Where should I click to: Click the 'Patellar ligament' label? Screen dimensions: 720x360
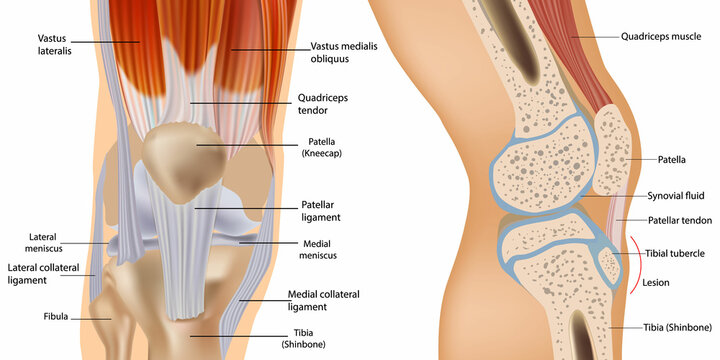[x=322, y=210]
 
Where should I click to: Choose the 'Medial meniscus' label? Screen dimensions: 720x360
[x=320, y=249]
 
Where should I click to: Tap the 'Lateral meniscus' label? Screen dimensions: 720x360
[x=49, y=243]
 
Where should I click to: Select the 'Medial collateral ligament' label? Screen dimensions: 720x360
[x=323, y=300]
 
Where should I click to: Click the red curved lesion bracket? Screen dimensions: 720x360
[x=636, y=265]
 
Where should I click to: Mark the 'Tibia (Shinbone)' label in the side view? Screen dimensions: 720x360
[x=677, y=327]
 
